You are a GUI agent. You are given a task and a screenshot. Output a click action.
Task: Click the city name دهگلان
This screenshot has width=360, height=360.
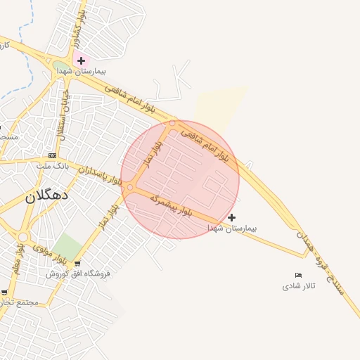tap(46, 195)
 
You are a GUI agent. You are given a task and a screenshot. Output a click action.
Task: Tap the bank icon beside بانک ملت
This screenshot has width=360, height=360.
tap(51, 155)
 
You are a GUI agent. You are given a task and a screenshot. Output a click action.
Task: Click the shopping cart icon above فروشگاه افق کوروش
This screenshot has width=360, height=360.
tap(77, 263)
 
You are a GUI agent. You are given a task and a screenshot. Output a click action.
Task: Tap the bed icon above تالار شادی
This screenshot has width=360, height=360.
tap(299, 275)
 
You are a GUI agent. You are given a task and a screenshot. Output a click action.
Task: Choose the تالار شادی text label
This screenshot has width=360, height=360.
tap(299, 286)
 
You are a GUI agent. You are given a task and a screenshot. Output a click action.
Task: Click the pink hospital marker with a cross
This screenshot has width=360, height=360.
tap(81, 61)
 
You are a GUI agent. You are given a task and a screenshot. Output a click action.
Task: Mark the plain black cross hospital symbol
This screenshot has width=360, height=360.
tap(232, 217)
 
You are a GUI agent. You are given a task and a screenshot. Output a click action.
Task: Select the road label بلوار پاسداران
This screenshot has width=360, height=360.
tap(100, 175)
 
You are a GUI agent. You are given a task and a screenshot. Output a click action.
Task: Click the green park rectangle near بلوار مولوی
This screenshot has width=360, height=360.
tap(68, 247)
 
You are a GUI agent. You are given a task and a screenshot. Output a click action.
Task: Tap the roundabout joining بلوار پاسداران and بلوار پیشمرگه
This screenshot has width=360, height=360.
tap(130, 186)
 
